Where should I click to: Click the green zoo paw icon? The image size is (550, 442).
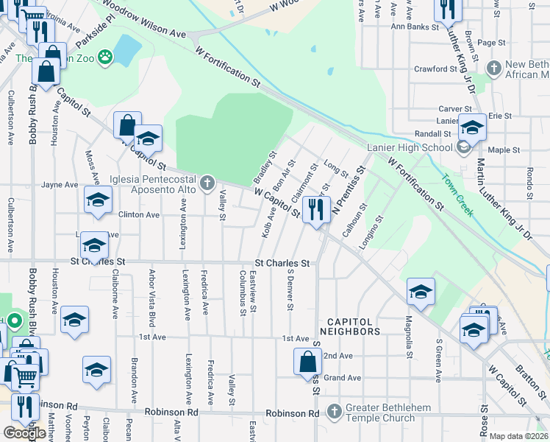pos(106,55)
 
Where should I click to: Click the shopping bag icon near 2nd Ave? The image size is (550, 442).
pos(307,362)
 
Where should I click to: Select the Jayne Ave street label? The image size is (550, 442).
pos(60,185)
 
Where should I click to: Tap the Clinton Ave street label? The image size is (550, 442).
pos(139,215)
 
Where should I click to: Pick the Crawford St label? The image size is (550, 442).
pos(435,69)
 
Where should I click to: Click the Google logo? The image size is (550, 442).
pos(24,433)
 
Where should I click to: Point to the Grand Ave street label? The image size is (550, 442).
pos(343,378)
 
